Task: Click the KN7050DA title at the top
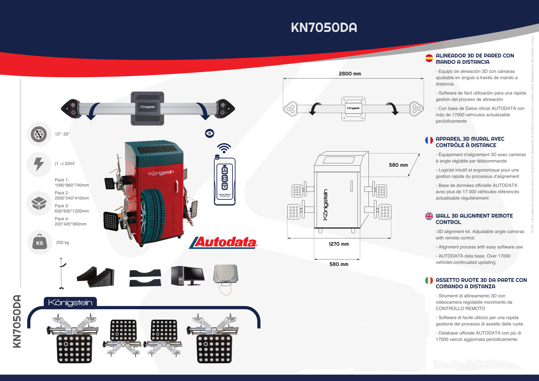click(x=324, y=28)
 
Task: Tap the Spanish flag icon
click(x=429, y=58)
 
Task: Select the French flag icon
click(x=429, y=140)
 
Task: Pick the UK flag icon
click(x=429, y=216)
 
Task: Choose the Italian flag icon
click(x=429, y=280)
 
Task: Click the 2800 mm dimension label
click(x=350, y=74)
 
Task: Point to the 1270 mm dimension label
click(x=339, y=244)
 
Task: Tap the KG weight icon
click(x=39, y=242)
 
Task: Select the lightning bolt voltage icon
click(x=39, y=164)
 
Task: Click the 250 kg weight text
click(x=63, y=242)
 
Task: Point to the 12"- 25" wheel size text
click(x=62, y=134)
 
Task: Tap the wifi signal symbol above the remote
click(x=224, y=148)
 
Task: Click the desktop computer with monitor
click(x=187, y=276)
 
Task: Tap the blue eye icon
click(x=210, y=133)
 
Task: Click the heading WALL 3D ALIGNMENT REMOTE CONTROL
click(x=474, y=219)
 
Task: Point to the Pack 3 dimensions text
click(x=72, y=209)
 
